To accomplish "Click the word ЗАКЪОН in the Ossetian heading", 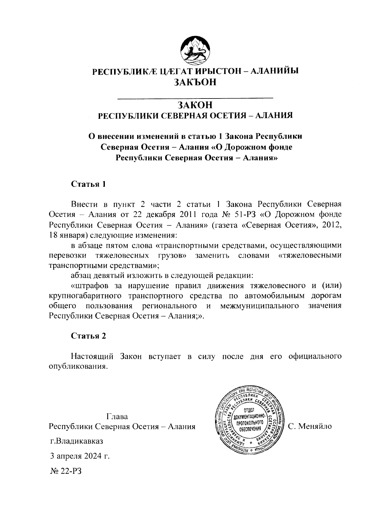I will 195,82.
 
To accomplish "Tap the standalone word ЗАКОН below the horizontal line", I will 195,105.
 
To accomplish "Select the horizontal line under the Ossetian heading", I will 195,98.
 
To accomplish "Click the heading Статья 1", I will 89,184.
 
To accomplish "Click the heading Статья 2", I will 89,336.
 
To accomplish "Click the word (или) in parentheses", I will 331,285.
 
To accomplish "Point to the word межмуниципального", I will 260,306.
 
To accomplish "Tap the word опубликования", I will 78,367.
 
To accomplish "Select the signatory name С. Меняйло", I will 310,427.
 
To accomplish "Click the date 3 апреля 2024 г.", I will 80,456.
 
